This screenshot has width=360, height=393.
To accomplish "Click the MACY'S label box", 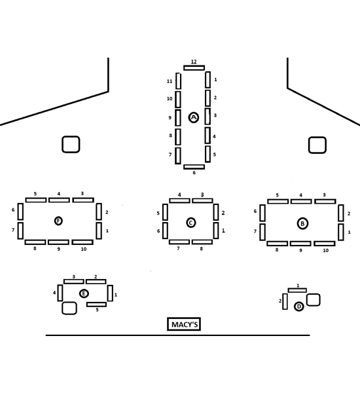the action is (184, 324).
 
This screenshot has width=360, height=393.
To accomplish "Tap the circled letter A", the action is (193, 117).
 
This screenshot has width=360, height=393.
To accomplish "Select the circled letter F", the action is (58, 221).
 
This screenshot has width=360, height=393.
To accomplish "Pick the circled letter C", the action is (191, 223).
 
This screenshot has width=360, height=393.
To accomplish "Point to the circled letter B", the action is (302, 223).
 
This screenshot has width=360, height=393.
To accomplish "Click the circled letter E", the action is (84, 293).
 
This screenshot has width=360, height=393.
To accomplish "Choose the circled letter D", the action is (298, 307).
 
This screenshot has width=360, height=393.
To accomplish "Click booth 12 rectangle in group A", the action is (194, 67).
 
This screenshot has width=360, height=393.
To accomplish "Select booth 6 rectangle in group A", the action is (194, 167).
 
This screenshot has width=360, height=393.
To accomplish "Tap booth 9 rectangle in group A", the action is (178, 117).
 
